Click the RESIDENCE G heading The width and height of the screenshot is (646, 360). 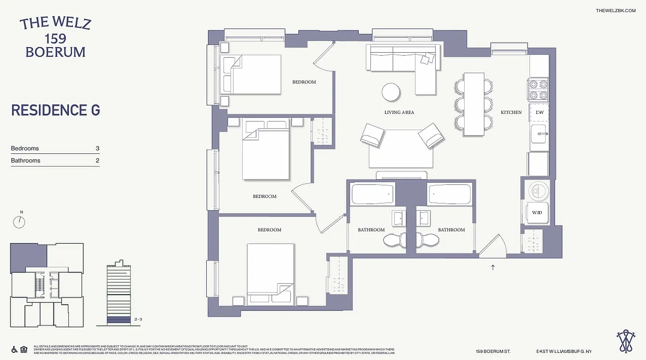(x=55, y=110)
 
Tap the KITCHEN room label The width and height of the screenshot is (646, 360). (x=511, y=112)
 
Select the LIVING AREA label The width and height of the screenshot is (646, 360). (x=399, y=112)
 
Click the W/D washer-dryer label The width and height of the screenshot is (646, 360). (x=537, y=212)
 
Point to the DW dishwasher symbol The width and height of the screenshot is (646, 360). (x=539, y=112)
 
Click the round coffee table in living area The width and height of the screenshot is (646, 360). (x=391, y=93)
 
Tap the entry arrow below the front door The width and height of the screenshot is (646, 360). (x=493, y=268)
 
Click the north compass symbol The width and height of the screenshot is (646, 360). (x=19, y=221)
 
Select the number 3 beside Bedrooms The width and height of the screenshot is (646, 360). (x=97, y=148)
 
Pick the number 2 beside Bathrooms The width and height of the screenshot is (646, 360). (x=97, y=161)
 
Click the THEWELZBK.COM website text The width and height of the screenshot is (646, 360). (x=615, y=11)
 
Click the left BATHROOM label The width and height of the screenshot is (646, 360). (x=371, y=230)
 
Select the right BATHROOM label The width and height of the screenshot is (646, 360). (x=451, y=230)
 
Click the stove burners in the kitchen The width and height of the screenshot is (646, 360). (x=538, y=89)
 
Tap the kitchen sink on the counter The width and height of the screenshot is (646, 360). (x=539, y=134)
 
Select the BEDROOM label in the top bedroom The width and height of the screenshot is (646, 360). (x=304, y=82)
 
